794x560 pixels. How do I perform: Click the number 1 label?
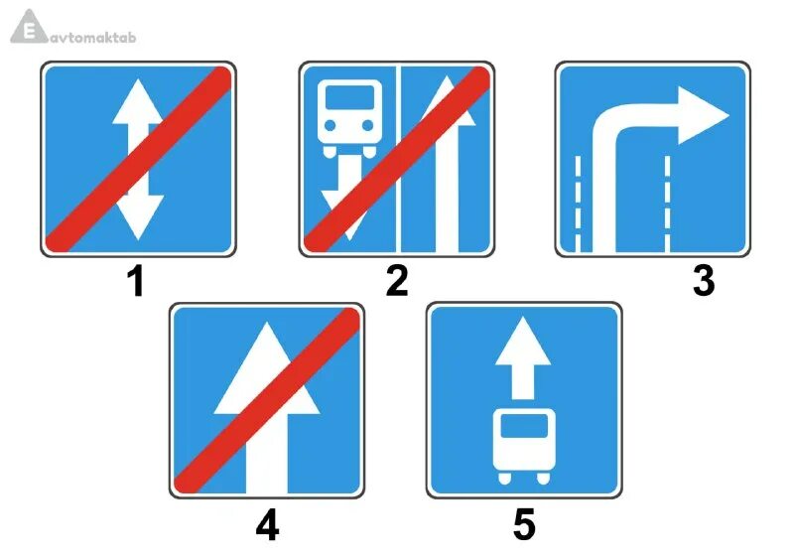coord(136,282)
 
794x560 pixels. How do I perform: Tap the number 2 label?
coord(396,282)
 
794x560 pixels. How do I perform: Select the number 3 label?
coord(703,282)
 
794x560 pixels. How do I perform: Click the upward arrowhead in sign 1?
coord(137,103)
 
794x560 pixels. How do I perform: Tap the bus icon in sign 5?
coord(524,443)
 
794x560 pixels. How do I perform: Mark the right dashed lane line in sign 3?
coord(668,203)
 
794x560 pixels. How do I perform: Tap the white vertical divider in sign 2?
coord(397,159)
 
